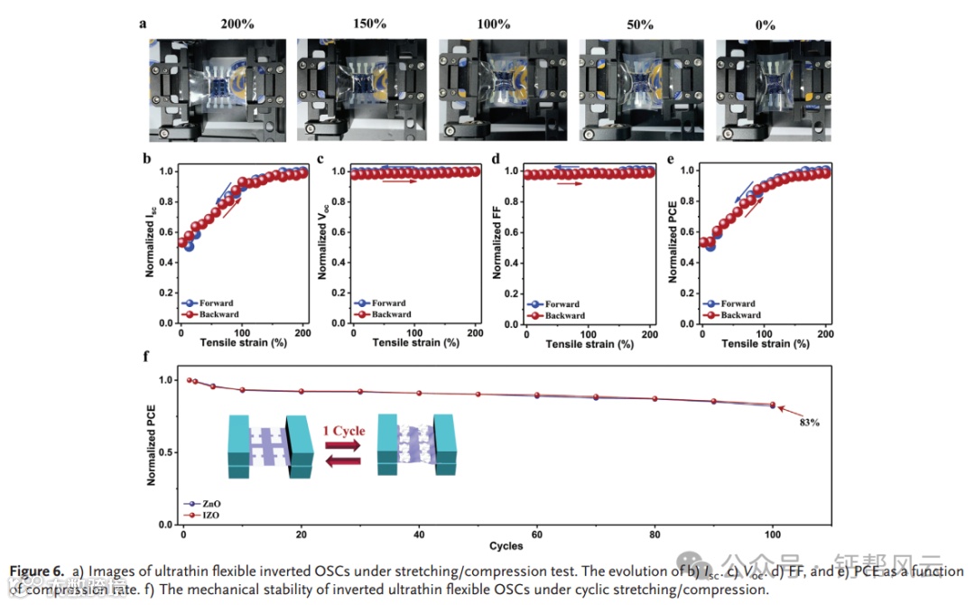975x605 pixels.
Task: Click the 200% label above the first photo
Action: pyautogui.click(x=237, y=23)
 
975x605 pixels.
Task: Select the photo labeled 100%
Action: pyautogui.click(x=503, y=88)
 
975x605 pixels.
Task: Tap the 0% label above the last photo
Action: pyautogui.click(x=765, y=24)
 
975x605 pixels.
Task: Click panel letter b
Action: pyautogui.click(x=146, y=161)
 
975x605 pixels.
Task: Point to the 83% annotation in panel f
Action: pyautogui.click(x=808, y=422)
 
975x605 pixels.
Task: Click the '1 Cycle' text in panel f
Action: pyautogui.click(x=343, y=431)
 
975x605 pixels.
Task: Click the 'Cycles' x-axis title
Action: pyautogui.click(x=506, y=545)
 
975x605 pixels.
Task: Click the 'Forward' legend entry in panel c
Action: pyautogui.click(x=389, y=303)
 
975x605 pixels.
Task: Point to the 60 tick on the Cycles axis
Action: pyautogui.click(x=537, y=533)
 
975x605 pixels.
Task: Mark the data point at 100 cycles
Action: pyautogui.click(x=772, y=405)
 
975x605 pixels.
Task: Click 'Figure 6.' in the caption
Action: pyautogui.click(x=37, y=572)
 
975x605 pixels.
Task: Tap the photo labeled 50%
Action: pyautogui.click(x=643, y=88)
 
